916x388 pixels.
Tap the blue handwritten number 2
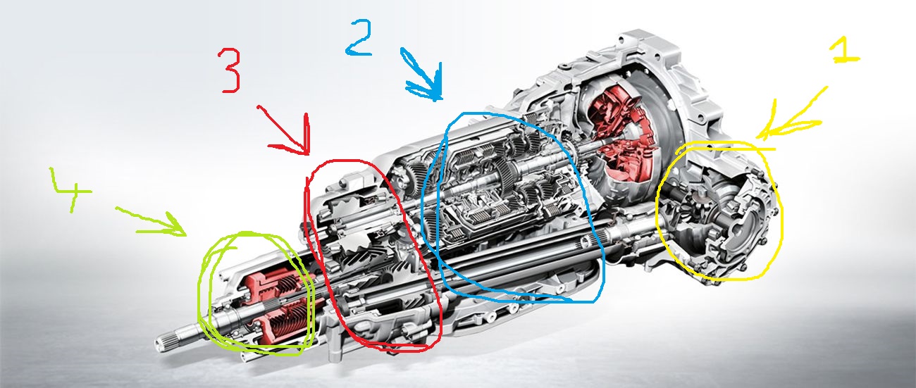(359, 37)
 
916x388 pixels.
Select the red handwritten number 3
(230, 70)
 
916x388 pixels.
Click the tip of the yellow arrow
(757, 138)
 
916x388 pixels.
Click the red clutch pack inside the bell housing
(621, 135)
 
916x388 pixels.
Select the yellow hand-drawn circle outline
(657, 213)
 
